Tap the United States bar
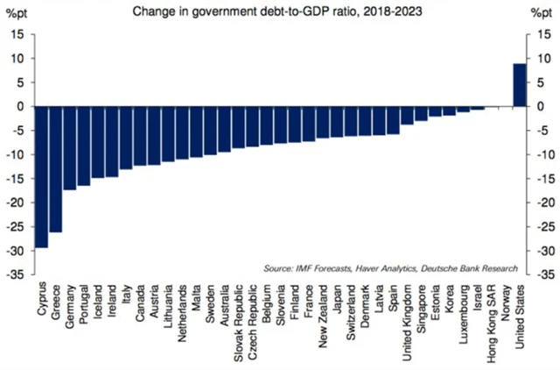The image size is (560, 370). coord(519,85)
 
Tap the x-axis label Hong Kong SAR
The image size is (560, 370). coord(493,315)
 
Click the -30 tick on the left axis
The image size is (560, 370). coord(17,251)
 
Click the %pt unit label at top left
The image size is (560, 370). coord(17,12)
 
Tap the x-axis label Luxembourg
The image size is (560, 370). coord(464,312)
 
